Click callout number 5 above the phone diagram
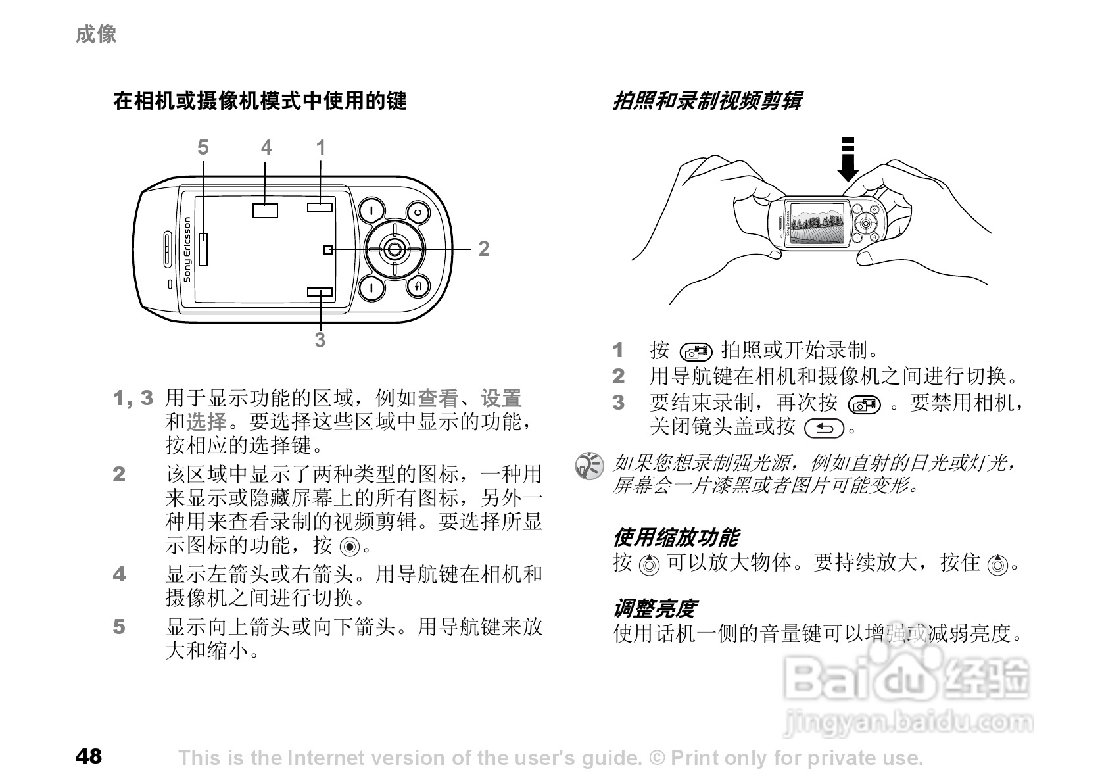203,148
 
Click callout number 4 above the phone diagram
266,148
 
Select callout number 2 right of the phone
484,249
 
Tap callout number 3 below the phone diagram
320,340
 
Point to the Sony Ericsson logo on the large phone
187,249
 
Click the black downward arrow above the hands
848,160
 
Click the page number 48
89,756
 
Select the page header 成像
96,34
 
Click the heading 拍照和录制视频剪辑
707,101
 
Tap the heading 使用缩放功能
675,537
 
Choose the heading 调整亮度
654,608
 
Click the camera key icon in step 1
696,351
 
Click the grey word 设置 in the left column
501,398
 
